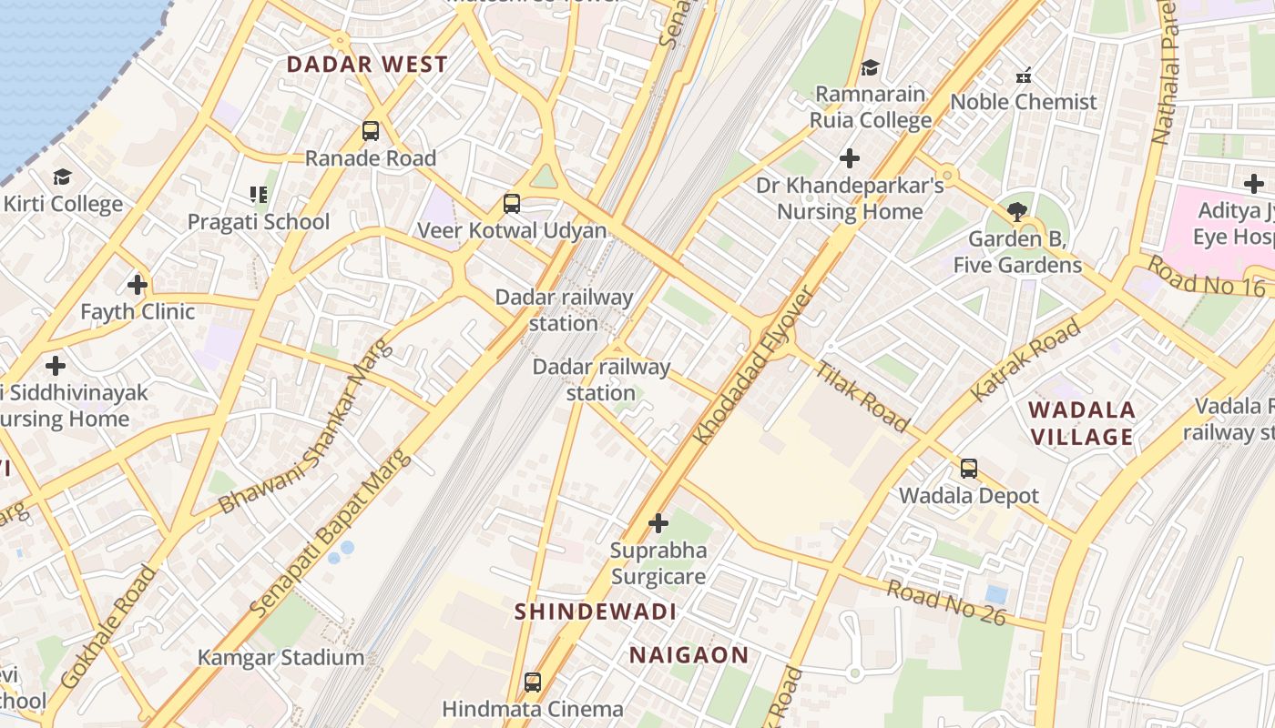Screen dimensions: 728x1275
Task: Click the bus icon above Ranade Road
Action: click(371, 131)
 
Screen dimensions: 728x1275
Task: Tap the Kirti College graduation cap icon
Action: click(62, 177)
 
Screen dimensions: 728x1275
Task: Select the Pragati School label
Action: click(259, 222)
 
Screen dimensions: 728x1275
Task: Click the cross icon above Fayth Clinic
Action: click(138, 285)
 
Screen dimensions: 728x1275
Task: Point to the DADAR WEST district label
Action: click(367, 65)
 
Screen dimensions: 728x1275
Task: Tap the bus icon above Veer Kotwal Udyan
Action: click(512, 204)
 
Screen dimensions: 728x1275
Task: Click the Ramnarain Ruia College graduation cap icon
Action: click(871, 67)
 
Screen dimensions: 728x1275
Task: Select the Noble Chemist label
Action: click(1024, 102)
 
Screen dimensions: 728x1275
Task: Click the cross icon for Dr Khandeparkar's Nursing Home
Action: click(850, 158)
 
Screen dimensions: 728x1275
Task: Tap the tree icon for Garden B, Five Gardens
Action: click(1017, 212)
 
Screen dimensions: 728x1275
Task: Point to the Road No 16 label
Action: click(1206, 276)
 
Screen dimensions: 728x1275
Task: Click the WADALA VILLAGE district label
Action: click(1082, 423)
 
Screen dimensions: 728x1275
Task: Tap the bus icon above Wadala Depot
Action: click(969, 469)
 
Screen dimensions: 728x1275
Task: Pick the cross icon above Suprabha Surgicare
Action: click(658, 523)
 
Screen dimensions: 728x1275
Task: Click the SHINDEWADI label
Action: click(596, 612)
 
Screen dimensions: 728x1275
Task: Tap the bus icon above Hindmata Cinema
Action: click(533, 682)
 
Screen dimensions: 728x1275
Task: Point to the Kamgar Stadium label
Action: click(281, 657)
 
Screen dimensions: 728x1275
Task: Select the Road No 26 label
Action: click(946, 603)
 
